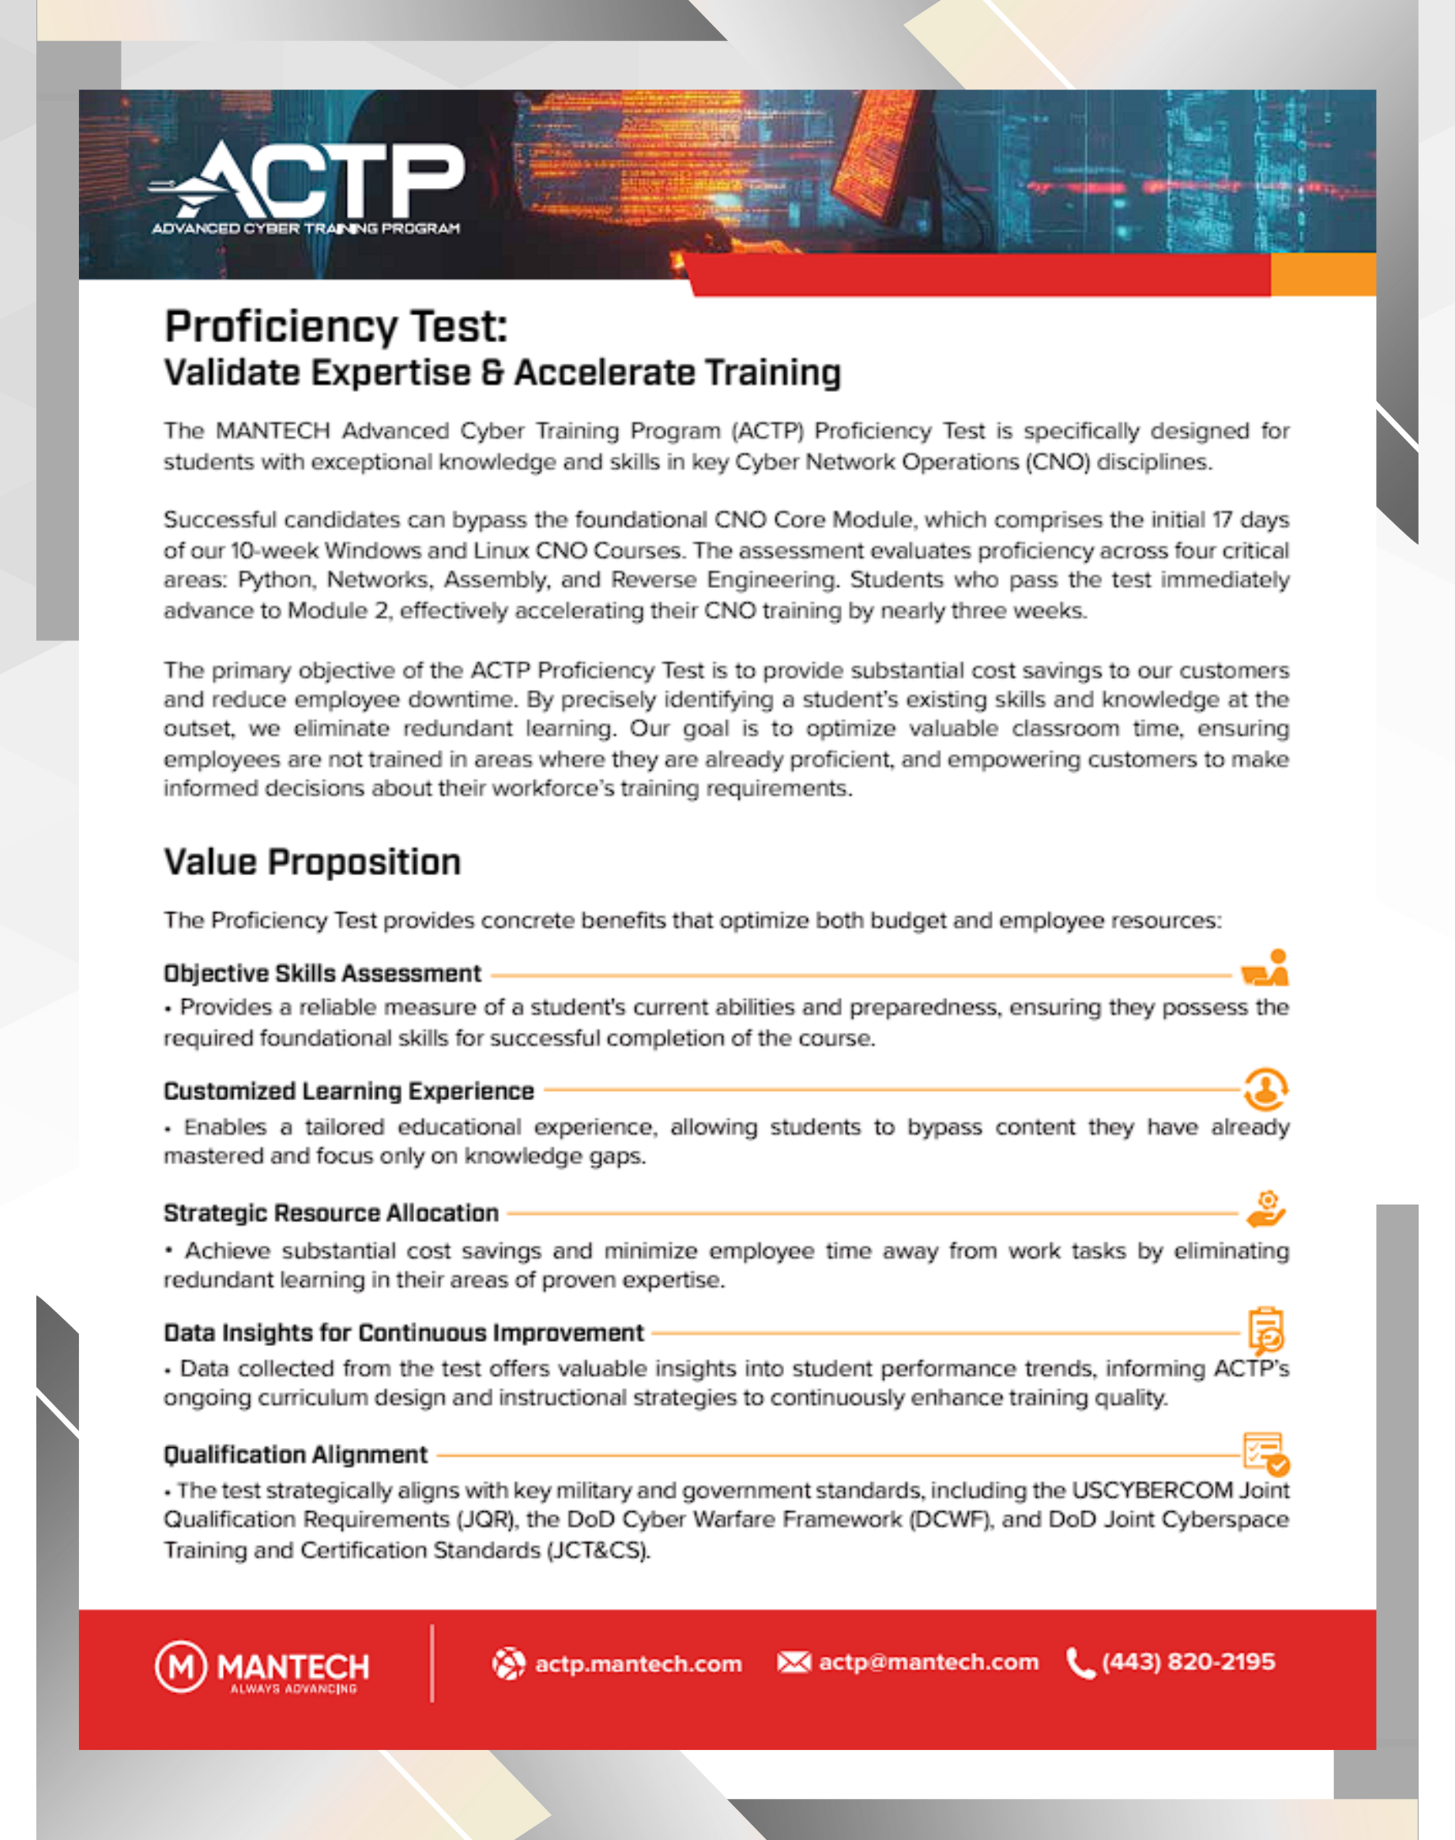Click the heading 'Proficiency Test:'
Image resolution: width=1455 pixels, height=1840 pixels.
[x=336, y=327]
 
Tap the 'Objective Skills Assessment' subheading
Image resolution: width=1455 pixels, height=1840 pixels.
[x=322, y=974]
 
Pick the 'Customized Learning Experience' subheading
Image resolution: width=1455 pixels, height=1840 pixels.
[x=349, y=1092]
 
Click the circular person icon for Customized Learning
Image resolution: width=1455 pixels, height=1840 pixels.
[x=1265, y=1088]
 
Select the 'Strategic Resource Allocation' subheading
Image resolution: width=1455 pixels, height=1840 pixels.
[x=330, y=1213]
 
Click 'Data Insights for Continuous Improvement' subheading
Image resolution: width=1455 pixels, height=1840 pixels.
[x=403, y=1333]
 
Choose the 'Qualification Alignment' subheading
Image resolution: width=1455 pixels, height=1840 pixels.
[x=295, y=1455]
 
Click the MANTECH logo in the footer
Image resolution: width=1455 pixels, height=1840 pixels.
[x=262, y=1667]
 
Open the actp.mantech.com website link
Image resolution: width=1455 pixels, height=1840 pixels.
[x=638, y=1664]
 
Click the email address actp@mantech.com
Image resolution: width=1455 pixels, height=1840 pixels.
[x=929, y=1662]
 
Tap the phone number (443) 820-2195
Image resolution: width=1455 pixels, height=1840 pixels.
[x=1189, y=1662]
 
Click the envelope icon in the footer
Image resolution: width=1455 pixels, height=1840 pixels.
[x=793, y=1662]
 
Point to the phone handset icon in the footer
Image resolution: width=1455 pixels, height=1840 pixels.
[x=1080, y=1663]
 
